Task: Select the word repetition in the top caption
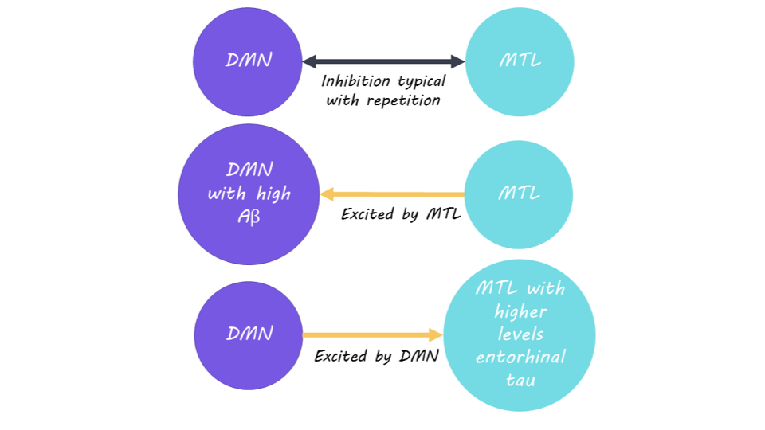pyautogui.click(x=403, y=100)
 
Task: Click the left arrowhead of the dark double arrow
pyautogui.click(x=310, y=61)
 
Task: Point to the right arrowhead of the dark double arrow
pyautogui.click(x=457, y=61)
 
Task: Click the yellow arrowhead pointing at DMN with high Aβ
pyautogui.click(x=327, y=194)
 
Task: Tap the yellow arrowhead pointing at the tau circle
pyautogui.click(x=436, y=335)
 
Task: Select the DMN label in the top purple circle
pyautogui.click(x=249, y=60)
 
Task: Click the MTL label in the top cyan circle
pyautogui.click(x=520, y=61)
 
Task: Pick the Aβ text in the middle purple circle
pyautogui.click(x=249, y=217)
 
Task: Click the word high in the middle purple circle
pyautogui.click(x=273, y=194)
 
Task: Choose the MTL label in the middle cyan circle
pyautogui.click(x=519, y=193)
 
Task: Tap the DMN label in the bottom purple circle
pyautogui.click(x=249, y=334)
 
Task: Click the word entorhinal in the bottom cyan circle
pyautogui.click(x=520, y=357)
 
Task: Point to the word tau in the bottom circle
pyautogui.click(x=520, y=380)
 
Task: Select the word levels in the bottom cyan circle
pyautogui.click(x=520, y=334)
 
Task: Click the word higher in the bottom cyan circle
pyautogui.click(x=520, y=311)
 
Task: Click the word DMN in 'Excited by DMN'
pyautogui.click(x=419, y=356)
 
